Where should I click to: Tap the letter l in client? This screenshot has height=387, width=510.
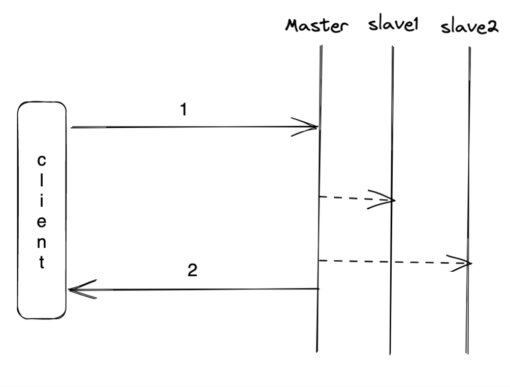(x=42, y=181)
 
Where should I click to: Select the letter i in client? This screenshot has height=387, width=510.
(x=42, y=202)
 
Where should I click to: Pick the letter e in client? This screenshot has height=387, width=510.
(x=42, y=222)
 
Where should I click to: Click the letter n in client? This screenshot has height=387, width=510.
(x=42, y=243)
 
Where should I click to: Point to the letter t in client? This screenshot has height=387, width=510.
(x=42, y=264)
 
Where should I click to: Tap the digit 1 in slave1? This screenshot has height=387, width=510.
(x=414, y=26)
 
